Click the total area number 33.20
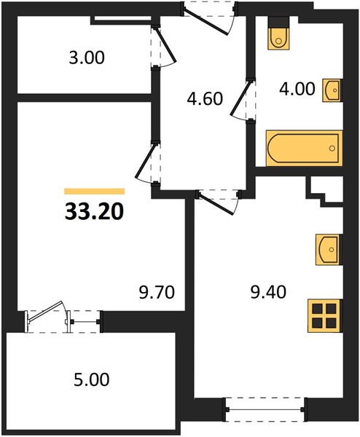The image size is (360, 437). coord(94,211)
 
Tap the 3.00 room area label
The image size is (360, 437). coord(87,58)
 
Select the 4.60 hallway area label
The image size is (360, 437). coord(205,98)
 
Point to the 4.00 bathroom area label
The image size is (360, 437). coord(297,89)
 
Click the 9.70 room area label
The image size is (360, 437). coord(157,293)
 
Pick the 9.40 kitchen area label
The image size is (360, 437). coord(268,292)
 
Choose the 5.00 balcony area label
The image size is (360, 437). coord(92,379)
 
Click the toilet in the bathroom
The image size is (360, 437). coord(279,34)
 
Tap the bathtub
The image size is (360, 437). coord(304,148)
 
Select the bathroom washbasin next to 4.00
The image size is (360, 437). coord(332,90)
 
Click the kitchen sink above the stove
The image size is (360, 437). coord(329,249)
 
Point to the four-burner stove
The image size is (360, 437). coord(325,315)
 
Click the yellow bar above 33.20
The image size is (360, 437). coord(94,191)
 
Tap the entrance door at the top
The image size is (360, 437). coord(207,20)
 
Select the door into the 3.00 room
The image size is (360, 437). coord(165,44)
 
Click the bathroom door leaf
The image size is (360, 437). coord(241,96)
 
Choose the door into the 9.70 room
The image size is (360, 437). coord(145,162)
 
